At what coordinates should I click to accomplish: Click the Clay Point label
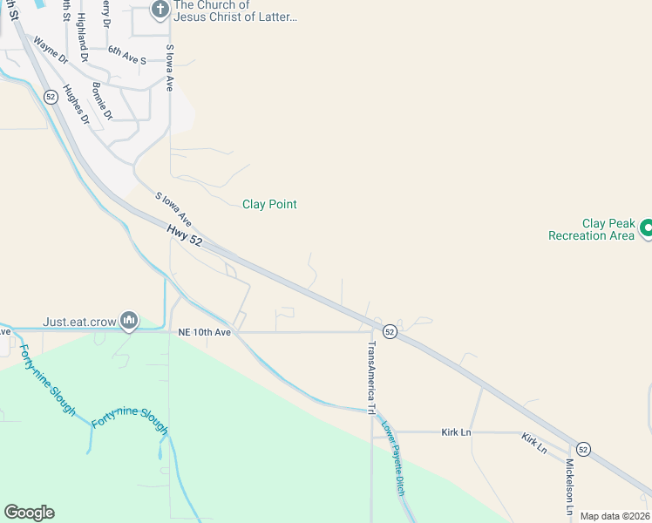[x=269, y=205]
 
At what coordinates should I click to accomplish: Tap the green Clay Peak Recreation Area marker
[x=647, y=228]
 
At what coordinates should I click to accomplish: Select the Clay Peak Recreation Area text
[x=591, y=229]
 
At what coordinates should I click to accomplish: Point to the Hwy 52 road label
[x=184, y=235]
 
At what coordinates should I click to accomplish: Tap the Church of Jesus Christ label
[x=235, y=10]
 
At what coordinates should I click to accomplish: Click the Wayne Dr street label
[x=51, y=49]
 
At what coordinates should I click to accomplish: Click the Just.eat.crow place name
[x=79, y=322]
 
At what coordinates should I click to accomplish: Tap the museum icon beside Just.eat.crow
[x=129, y=322]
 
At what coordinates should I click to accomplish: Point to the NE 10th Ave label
[x=204, y=332]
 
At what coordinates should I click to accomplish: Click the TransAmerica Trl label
[x=371, y=377]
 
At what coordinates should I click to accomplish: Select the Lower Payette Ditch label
[x=393, y=459]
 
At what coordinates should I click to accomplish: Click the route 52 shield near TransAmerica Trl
[x=390, y=332]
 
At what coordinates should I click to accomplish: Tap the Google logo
[x=29, y=513]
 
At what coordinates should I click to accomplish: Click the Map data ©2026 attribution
[x=615, y=516]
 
